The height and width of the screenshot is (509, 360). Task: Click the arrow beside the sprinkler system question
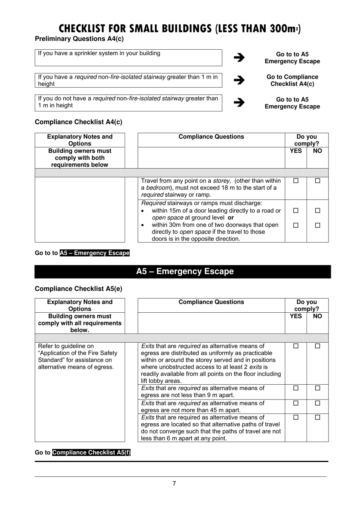pos(239,58)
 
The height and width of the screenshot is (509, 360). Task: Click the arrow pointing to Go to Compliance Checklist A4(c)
pos(239,80)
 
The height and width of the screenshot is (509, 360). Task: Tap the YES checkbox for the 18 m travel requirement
pos(296,181)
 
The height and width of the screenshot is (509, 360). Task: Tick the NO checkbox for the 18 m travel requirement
pos(318,181)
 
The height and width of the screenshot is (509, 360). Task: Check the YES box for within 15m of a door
pos(296,210)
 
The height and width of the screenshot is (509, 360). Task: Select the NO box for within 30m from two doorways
pos(318,225)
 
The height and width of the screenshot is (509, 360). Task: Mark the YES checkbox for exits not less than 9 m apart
pos(296,388)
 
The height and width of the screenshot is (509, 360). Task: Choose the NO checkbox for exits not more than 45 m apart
pos(318,403)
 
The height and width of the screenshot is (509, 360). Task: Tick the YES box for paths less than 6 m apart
pos(296,417)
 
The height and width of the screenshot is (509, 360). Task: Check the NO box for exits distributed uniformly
pos(318,346)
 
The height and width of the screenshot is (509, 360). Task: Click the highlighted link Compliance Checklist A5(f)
pos(91,453)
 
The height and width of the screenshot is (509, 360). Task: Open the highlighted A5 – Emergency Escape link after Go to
pos(94,253)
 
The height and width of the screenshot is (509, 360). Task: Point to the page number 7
pos(174,483)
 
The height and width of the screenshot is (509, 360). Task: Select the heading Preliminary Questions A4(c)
pos(79,39)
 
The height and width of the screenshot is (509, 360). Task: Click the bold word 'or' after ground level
pos(231,218)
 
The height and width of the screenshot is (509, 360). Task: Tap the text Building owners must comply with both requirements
pos(80,158)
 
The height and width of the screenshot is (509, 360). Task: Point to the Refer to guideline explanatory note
pos(78,356)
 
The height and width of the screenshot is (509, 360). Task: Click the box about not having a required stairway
pos(128,102)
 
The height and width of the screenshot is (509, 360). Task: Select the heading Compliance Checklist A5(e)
pos(78,289)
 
